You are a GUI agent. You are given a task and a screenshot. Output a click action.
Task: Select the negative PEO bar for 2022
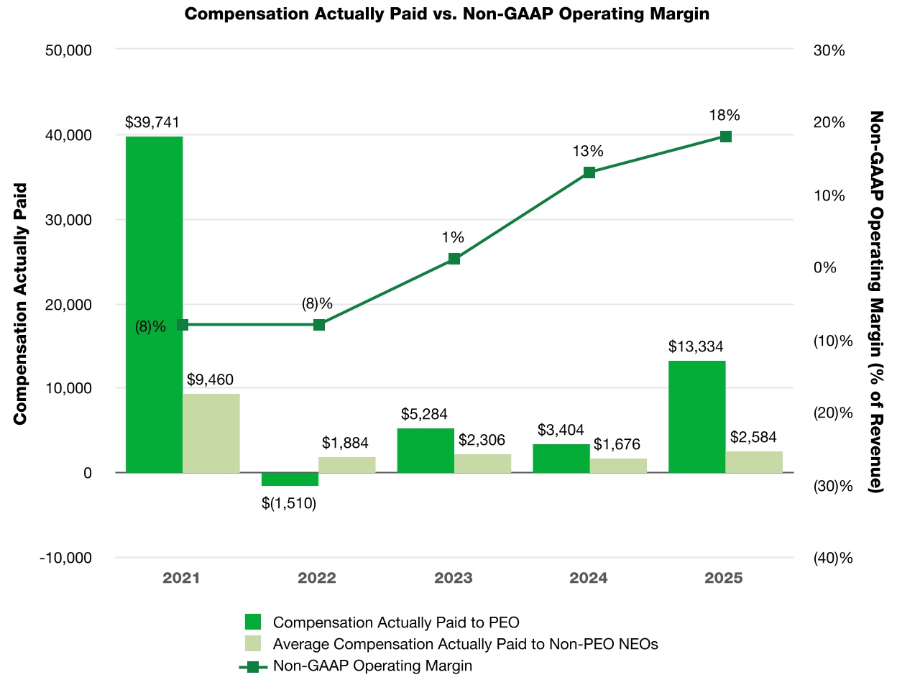click(290, 479)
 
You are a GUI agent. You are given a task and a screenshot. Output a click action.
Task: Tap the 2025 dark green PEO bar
click(696, 417)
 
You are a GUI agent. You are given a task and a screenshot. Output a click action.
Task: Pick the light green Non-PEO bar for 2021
click(211, 433)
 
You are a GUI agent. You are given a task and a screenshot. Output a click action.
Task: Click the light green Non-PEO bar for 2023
click(482, 464)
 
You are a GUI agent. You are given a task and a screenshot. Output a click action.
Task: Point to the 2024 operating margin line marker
click(589, 172)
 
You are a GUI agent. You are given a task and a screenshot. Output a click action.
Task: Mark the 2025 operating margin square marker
click(725, 137)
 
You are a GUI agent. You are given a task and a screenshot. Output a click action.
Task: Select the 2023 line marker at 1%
click(454, 259)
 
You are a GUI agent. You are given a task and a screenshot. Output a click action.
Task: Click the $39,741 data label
click(152, 122)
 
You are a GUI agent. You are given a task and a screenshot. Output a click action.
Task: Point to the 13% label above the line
click(588, 152)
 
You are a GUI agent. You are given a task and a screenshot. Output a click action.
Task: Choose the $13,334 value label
click(696, 346)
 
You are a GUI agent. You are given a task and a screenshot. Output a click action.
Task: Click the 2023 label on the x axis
click(453, 578)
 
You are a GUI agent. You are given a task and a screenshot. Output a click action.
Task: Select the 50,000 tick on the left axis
click(68, 50)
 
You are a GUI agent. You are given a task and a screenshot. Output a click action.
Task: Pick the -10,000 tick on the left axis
click(65, 558)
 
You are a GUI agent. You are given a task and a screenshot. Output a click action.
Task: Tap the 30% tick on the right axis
click(829, 50)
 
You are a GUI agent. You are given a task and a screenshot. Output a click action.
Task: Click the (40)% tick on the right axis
click(832, 558)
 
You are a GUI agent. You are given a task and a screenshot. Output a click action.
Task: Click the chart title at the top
click(447, 14)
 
